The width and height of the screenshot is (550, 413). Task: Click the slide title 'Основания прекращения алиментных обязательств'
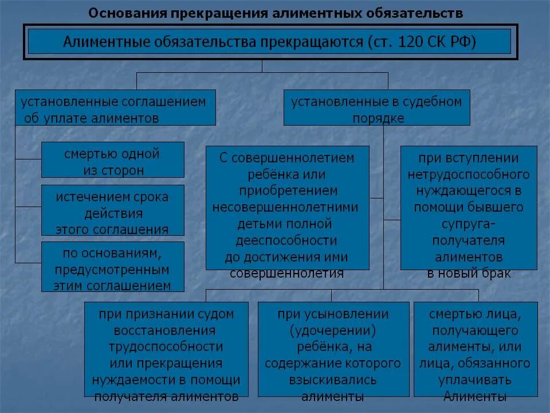pos(275,13)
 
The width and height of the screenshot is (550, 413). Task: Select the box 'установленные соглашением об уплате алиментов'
pos(115,108)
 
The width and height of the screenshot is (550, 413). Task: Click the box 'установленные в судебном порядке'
pos(376,108)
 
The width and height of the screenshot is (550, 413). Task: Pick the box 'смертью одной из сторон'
pos(113,160)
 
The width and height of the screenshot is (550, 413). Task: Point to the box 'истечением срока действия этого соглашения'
pos(113,211)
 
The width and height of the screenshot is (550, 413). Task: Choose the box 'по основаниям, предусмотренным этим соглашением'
pos(113,267)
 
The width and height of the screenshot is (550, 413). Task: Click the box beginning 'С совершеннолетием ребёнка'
pos(287,208)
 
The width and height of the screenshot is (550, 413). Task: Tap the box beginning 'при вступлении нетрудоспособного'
pos(469,208)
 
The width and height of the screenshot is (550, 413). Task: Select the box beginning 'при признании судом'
pos(166,349)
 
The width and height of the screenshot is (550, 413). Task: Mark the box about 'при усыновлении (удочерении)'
pos(333,349)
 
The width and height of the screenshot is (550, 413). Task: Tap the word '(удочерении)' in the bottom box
pos(333,330)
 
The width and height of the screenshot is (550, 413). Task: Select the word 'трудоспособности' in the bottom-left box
pos(166,347)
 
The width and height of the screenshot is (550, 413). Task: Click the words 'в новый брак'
pos(469,273)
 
